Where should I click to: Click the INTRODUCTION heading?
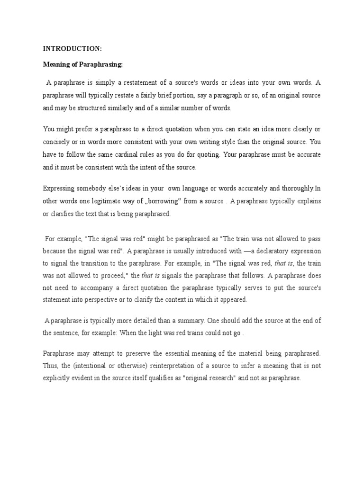(73, 48)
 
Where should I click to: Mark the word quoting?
(207, 154)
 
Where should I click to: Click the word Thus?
(50, 366)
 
